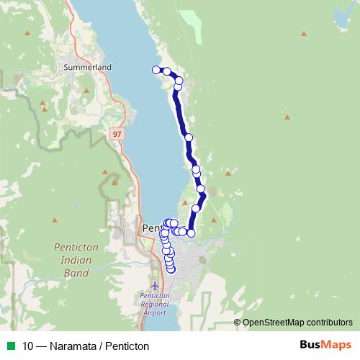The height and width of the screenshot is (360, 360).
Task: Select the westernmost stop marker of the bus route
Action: [x=156, y=69]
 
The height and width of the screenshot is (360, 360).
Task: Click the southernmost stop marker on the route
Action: [x=171, y=270]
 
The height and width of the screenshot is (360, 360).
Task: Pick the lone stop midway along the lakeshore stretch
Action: [x=189, y=137]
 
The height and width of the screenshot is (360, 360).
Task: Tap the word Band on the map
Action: [x=75, y=273]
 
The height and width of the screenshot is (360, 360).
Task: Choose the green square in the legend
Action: [x=10, y=346]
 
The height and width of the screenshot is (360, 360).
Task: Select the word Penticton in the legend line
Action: [x=126, y=346]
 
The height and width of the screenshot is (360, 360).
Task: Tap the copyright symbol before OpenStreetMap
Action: [x=238, y=322]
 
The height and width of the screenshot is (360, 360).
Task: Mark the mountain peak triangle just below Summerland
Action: [x=86, y=91]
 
